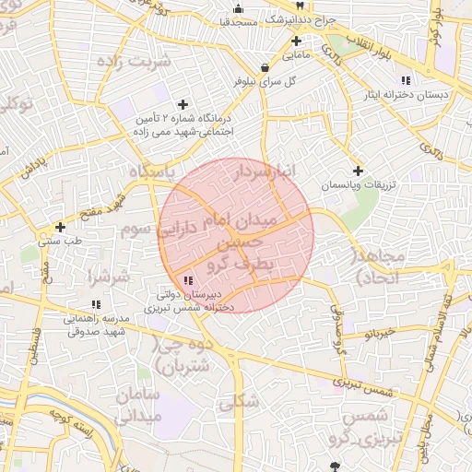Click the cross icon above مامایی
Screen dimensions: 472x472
[x=296, y=41]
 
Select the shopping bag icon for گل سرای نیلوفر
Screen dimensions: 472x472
[x=265, y=66]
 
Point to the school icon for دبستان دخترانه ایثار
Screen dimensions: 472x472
[x=407, y=80]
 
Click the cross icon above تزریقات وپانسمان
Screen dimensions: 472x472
[x=358, y=171]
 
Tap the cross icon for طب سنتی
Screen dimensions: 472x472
[x=60, y=227]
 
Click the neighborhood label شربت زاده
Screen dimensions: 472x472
[x=140, y=62]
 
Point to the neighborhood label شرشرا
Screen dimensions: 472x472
[x=108, y=276]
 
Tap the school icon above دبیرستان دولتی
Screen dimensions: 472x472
[x=188, y=279]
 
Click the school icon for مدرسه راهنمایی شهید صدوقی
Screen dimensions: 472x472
[x=96, y=304]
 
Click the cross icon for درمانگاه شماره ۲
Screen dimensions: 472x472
[x=183, y=104]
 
